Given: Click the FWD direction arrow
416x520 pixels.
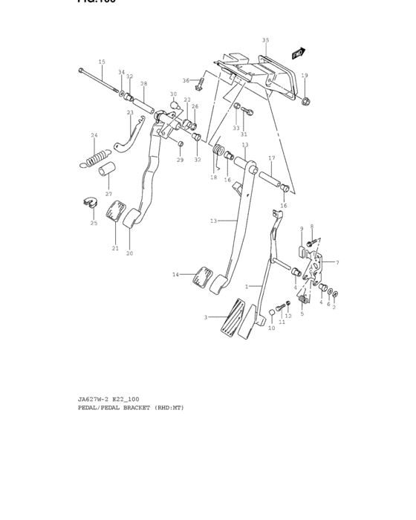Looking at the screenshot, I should (x=299, y=53).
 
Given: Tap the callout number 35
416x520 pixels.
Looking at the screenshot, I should (x=265, y=40).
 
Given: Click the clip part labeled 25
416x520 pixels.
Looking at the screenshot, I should (x=89, y=203).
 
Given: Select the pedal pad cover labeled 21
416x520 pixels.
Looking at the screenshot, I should (x=115, y=215).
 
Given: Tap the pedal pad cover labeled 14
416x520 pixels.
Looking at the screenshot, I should (x=201, y=278).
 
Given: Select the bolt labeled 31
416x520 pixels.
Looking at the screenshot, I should (x=249, y=113).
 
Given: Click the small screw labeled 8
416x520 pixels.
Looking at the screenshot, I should (x=314, y=240).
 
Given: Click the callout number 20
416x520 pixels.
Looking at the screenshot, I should (x=129, y=253).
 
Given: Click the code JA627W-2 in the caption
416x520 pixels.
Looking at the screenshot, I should (x=94, y=399).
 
